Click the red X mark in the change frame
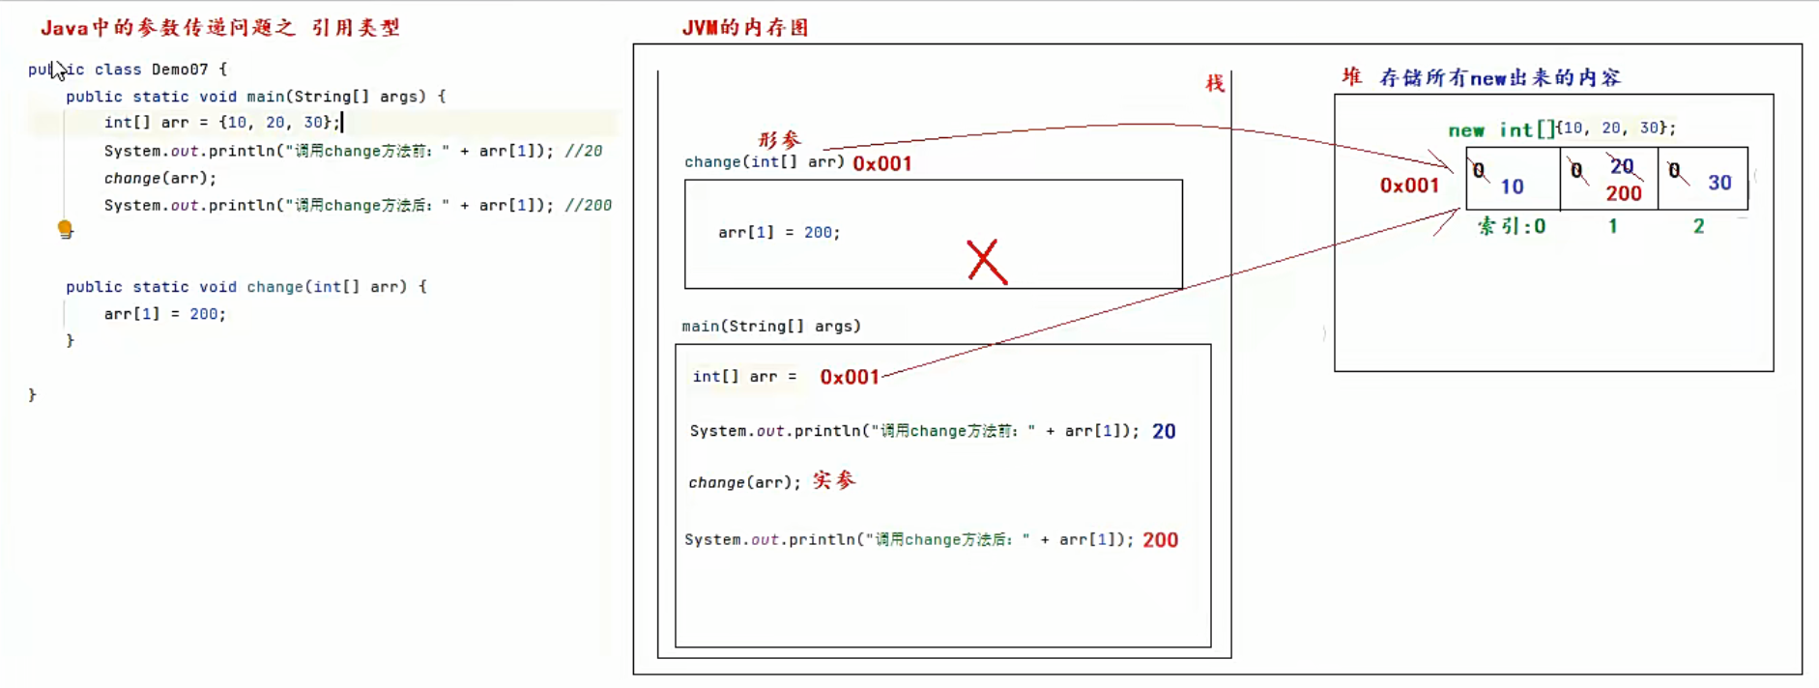coord(987,262)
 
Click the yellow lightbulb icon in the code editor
coord(65,229)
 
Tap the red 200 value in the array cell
coord(1624,193)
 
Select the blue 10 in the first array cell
coord(1512,186)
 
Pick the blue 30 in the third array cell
coord(1719,183)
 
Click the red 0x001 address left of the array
coord(1409,186)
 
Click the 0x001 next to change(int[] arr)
coord(881,163)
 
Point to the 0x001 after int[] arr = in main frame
coord(850,377)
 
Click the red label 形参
coord(779,140)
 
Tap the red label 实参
coord(834,480)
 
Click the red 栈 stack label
coord(1215,83)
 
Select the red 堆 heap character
coord(1351,77)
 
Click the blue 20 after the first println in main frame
coord(1164,431)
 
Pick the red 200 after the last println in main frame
coord(1160,540)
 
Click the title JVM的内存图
coord(744,28)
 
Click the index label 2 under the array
coord(1698,226)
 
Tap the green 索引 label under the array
coord(1499,226)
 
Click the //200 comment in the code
coord(589,205)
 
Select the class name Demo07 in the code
coord(180,70)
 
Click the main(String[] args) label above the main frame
coord(770,327)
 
